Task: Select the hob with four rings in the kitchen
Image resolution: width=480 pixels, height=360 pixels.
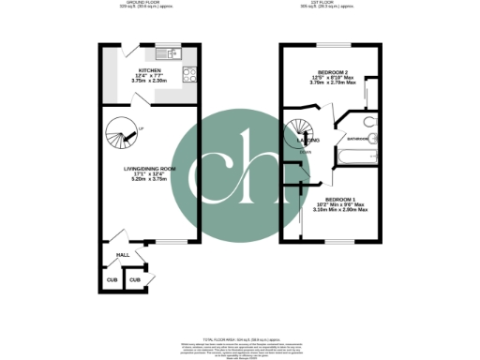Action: point(187,74)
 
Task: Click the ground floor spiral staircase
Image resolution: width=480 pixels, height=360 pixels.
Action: point(120,138)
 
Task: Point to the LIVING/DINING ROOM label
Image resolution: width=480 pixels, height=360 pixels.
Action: point(150,169)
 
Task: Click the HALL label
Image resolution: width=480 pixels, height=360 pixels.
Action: point(121,253)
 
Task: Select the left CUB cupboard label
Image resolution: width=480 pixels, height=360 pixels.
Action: point(111,278)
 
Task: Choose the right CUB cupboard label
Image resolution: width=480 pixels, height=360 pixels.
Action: point(135,279)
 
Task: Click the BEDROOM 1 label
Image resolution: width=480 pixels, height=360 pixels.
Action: point(340,200)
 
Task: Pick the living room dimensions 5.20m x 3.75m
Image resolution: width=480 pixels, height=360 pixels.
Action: point(150,181)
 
